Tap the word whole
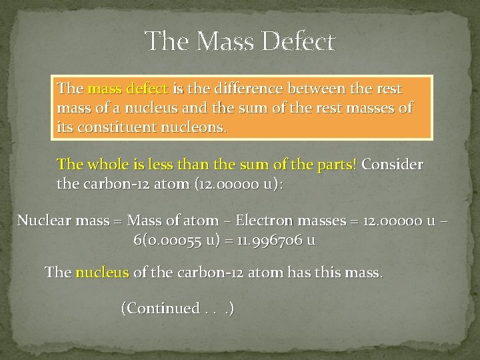[106, 165]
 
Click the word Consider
[393, 165]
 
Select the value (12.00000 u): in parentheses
[239, 183]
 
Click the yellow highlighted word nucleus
[99, 273]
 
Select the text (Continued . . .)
[177, 309]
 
